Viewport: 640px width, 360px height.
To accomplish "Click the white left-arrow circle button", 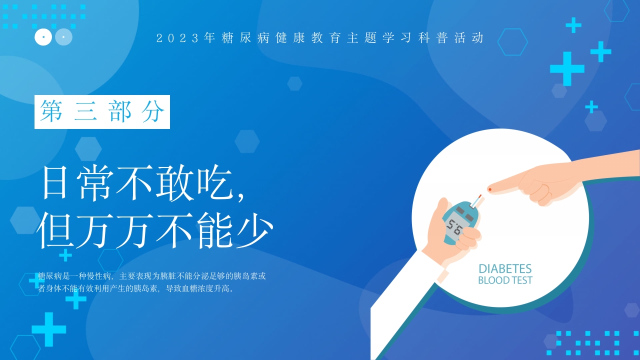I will pyautogui.click(x=43, y=37).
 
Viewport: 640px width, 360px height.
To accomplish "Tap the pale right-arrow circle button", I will pyautogui.click(x=63, y=37).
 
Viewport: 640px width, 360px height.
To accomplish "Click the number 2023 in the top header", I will pyautogui.click(x=178, y=38).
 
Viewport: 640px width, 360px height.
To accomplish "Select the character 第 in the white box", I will pyautogui.click(x=51, y=111).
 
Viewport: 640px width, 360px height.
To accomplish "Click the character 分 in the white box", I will pyautogui.click(x=153, y=111).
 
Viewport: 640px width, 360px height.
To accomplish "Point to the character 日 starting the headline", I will pyautogui.click(x=55, y=184).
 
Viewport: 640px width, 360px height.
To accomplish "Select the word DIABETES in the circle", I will pyautogui.click(x=505, y=269).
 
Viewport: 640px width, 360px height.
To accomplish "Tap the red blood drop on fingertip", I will pyautogui.click(x=490, y=189).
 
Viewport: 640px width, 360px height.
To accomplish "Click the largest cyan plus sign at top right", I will pyautogui.click(x=567, y=68).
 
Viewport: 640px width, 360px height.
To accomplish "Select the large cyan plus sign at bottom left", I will pyautogui.click(x=49, y=329).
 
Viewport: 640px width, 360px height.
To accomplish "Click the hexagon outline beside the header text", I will pyautogui.click(x=512, y=42).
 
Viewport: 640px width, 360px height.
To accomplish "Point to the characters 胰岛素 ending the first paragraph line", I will pyautogui.click(x=245, y=275).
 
